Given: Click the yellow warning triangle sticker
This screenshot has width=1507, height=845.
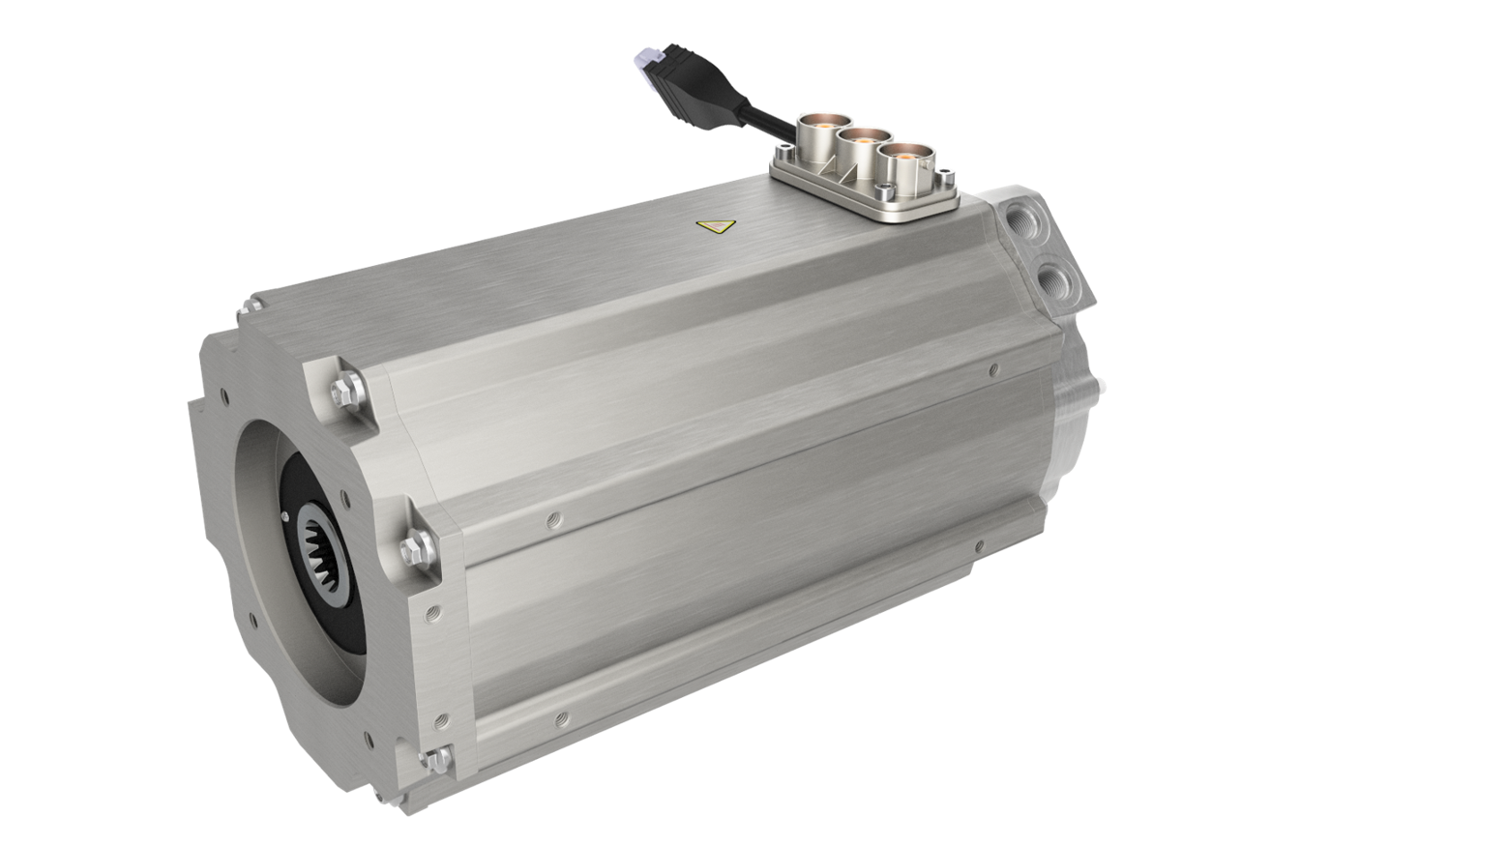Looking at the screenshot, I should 714,227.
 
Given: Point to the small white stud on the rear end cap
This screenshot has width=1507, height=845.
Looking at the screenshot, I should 1102,383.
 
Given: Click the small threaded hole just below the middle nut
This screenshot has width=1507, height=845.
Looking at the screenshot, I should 432,610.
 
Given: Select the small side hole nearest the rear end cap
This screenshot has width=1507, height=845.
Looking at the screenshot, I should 993,368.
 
